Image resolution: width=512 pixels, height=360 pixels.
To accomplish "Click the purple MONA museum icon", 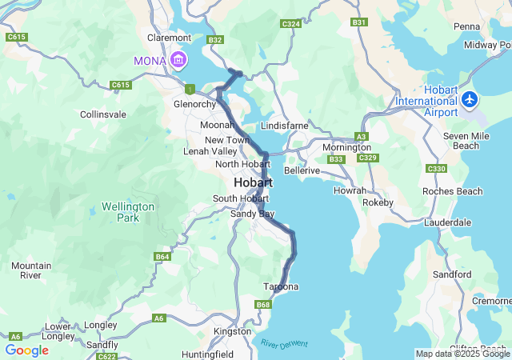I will pos(178,59).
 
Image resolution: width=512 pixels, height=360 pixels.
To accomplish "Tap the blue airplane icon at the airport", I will pos(469,100).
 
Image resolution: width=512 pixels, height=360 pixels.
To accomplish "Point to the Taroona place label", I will pos(281,286).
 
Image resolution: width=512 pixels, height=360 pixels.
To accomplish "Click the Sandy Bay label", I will pos(253,214).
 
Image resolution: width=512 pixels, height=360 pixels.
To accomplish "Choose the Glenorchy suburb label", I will pos(195,104).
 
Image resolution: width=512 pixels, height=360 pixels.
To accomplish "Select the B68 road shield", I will pos(263,305).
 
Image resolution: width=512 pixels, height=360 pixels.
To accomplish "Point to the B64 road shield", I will pos(162,257).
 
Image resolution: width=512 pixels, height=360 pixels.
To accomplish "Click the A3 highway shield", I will pos(362,137).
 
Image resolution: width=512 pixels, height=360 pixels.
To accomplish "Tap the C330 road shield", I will pos(436,169).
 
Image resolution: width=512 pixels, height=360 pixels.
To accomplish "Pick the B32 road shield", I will pos(215,39).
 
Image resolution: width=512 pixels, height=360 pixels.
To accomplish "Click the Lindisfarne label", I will pos(285,126).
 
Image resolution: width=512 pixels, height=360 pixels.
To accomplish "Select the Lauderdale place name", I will pos(449,222).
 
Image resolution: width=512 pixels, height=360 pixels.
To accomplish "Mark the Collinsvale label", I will pos(102,114).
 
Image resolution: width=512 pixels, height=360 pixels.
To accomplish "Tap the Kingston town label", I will pos(232,331).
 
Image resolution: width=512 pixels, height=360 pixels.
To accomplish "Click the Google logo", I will pos(27,350).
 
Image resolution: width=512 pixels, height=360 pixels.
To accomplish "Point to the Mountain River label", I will pos(31,270).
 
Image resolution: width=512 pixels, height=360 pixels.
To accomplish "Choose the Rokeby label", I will pos(378,202).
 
